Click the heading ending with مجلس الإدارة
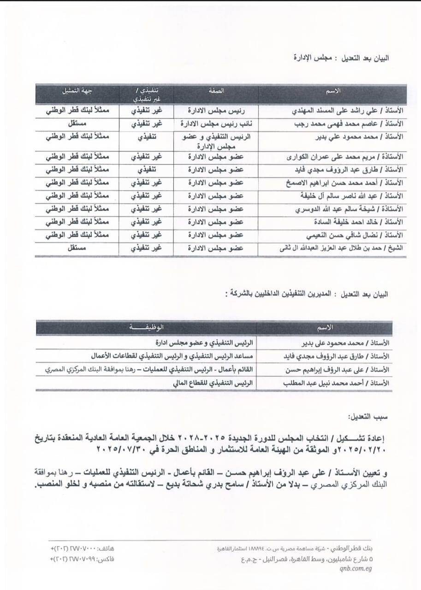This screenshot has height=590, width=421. point(341,59)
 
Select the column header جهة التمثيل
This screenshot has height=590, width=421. point(77,91)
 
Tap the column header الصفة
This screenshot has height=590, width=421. point(216,91)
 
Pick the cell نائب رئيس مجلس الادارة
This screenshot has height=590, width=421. point(216,124)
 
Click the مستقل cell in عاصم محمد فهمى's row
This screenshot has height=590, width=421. point(77,124)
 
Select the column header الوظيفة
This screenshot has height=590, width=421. point(148,327)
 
